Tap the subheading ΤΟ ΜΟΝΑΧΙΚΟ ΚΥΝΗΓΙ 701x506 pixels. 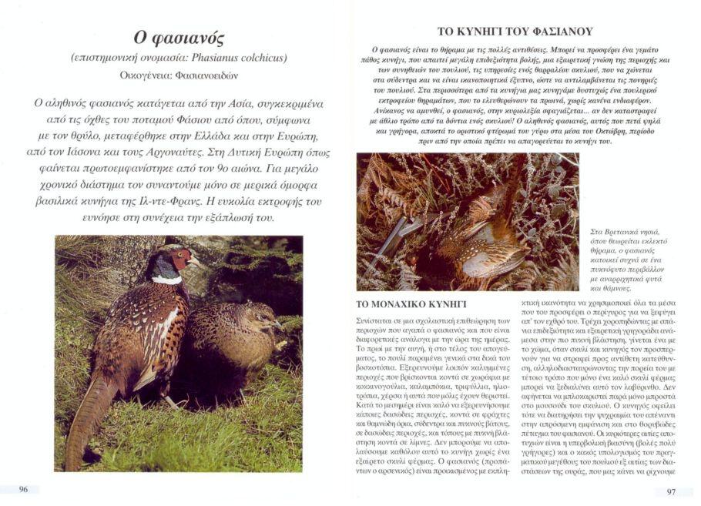tap(411, 304)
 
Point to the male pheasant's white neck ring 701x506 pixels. tap(166, 280)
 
